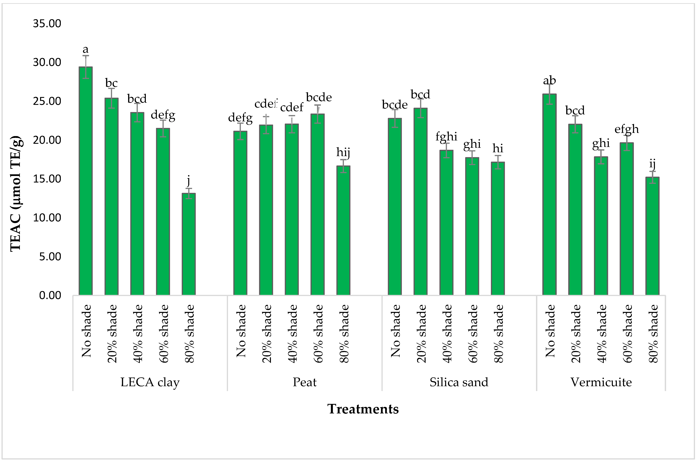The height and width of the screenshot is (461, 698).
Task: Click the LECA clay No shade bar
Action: [86, 181]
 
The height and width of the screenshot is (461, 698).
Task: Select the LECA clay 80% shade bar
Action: [188, 244]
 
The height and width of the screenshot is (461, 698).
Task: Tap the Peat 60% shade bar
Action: [318, 204]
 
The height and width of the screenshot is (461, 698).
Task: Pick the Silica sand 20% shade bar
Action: [420, 201]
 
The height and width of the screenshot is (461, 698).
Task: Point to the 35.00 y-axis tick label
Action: [47, 24]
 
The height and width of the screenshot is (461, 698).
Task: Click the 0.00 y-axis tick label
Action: [50, 295]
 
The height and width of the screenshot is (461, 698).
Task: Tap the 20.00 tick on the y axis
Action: [47, 140]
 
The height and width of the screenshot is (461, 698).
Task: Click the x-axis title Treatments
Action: [363, 409]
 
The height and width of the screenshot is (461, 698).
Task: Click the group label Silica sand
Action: [459, 382]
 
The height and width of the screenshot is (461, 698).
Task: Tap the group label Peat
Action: [305, 382]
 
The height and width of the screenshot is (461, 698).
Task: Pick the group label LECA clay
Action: [150, 382]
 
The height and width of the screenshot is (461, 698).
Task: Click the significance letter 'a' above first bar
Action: [86, 49]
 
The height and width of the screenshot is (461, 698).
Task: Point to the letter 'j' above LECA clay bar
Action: [188, 180]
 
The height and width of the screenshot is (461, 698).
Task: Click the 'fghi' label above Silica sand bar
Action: [446, 136]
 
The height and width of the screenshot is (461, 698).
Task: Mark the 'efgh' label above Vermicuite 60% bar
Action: [627, 129]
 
